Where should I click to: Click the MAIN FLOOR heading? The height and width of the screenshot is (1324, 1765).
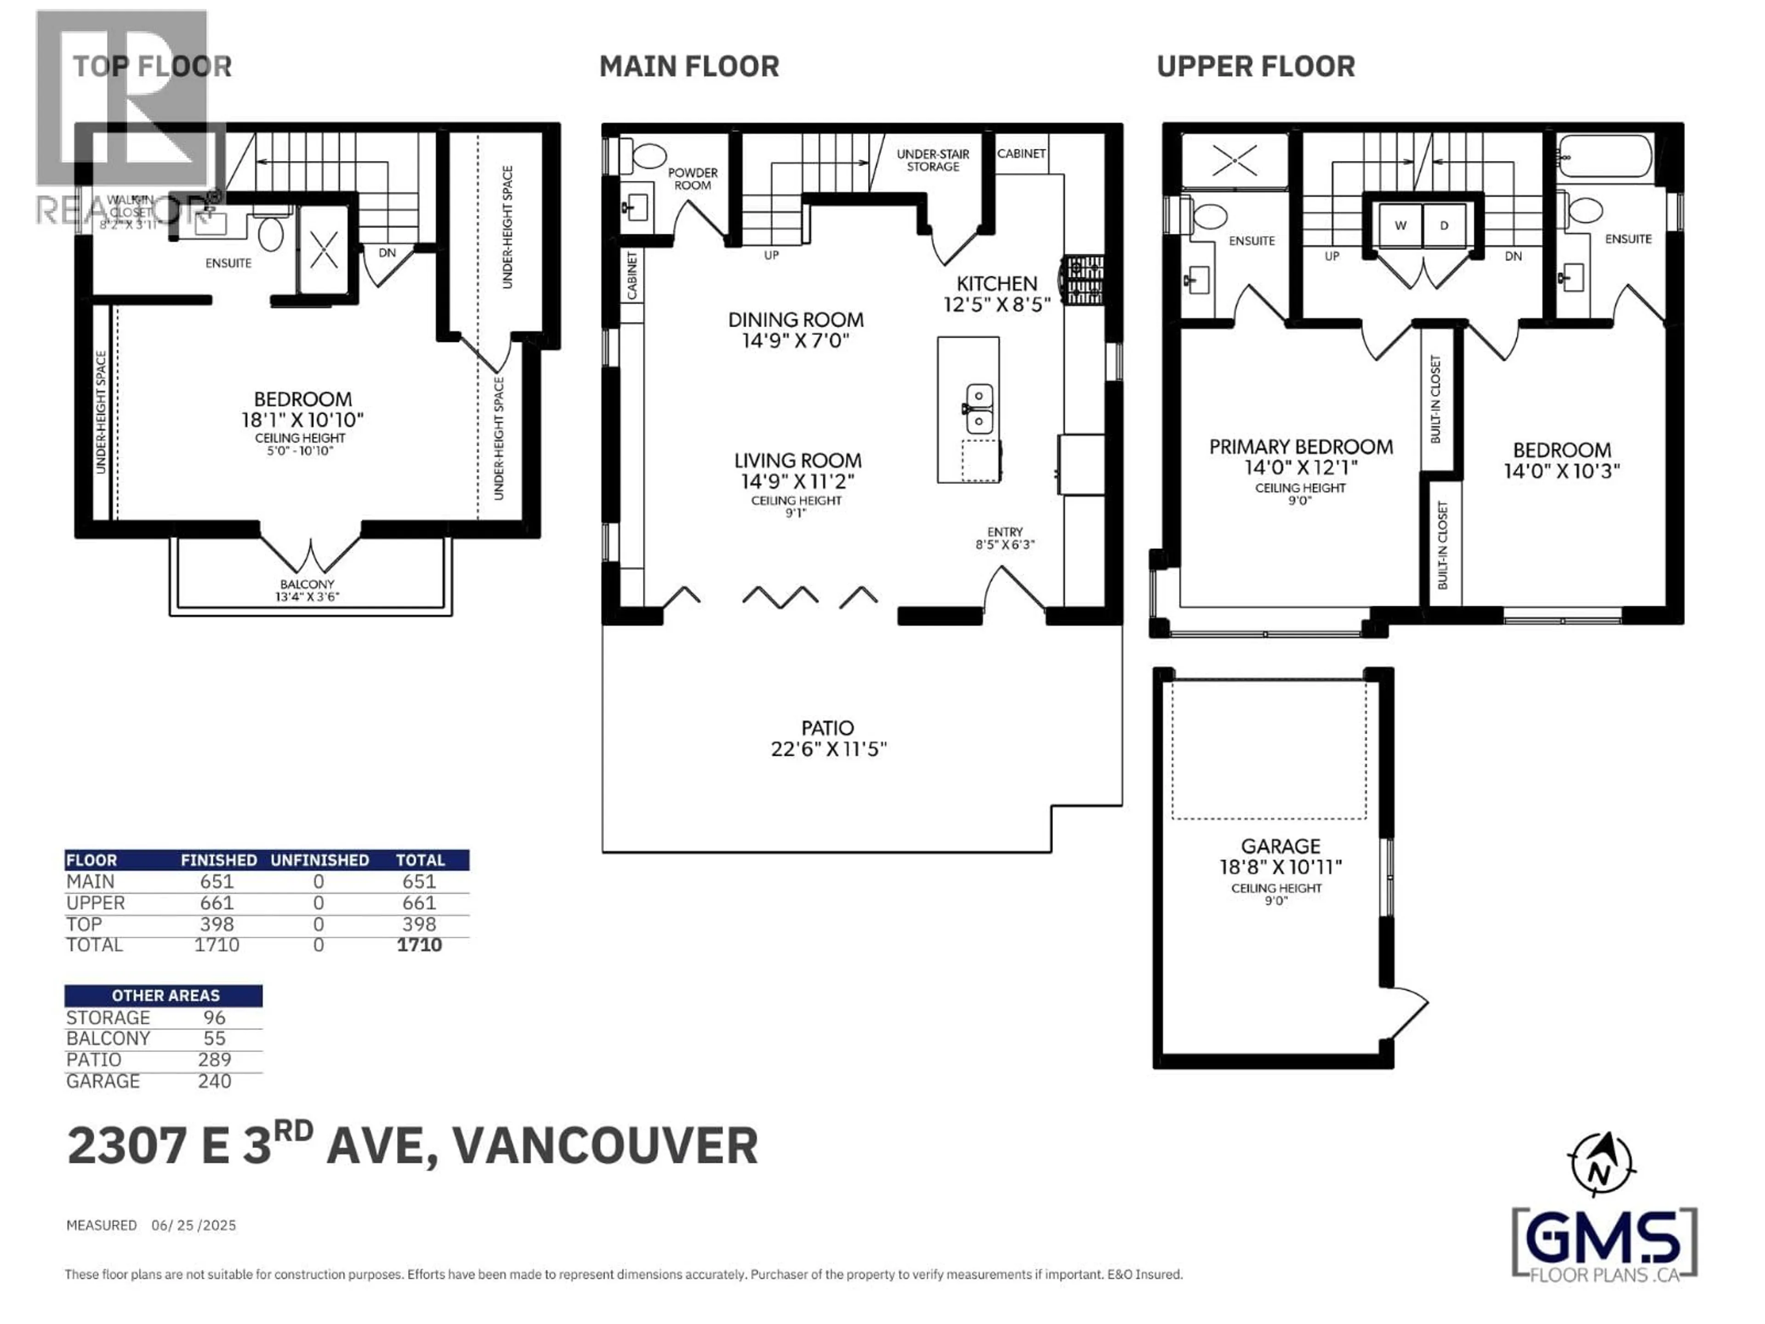tap(689, 66)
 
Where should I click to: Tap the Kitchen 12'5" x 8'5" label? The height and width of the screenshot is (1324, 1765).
tap(996, 294)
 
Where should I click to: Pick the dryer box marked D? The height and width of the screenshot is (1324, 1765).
tap(1443, 225)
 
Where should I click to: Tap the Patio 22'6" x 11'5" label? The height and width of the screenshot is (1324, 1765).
tap(828, 738)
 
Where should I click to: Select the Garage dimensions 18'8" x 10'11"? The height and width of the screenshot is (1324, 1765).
tap(1280, 867)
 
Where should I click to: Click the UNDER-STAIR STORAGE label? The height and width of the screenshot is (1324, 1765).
tap(933, 160)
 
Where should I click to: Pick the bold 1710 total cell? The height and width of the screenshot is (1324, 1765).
tap(419, 945)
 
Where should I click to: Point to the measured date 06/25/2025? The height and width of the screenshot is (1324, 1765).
tap(194, 1225)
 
